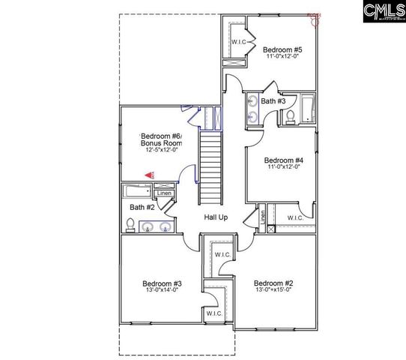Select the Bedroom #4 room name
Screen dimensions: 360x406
[x=284, y=160]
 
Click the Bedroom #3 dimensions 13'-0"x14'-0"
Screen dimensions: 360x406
[x=162, y=291]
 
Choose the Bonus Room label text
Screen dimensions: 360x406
[x=163, y=142]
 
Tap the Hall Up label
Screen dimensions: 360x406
[x=216, y=217]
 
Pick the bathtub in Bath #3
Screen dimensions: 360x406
[x=306, y=109]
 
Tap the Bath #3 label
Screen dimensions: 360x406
[x=273, y=101]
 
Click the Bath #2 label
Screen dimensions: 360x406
[x=142, y=207]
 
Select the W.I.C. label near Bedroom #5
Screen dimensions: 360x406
[x=239, y=41]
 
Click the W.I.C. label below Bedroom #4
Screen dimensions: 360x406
[x=296, y=217]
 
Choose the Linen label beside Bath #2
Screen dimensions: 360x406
[x=164, y=193]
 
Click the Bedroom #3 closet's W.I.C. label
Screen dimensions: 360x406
[x=213, y=313]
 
